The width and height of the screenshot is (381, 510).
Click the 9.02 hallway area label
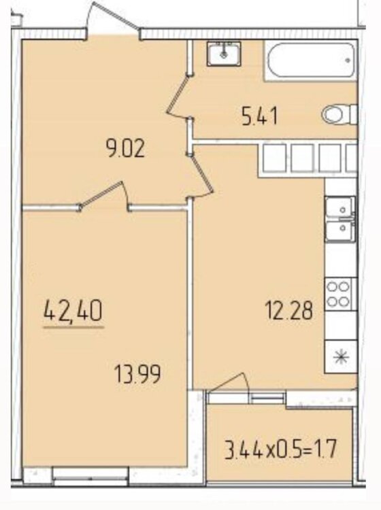[125, 150]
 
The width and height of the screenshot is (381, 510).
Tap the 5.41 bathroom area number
[260, 116]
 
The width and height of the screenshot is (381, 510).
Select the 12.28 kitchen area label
[289, 310]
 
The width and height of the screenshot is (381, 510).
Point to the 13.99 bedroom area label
[137, 374]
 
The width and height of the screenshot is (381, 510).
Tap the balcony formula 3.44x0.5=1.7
[280, 449]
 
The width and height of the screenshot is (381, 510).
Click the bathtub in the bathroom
[310, 61]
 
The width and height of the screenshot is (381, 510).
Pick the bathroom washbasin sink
[224, 54]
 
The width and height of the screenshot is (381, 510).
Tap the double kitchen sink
[340, 219]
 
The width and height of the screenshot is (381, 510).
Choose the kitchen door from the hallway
[201, 175]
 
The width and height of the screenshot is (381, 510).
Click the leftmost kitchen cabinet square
[274, 158]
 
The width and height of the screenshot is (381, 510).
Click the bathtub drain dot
[348, 60]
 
